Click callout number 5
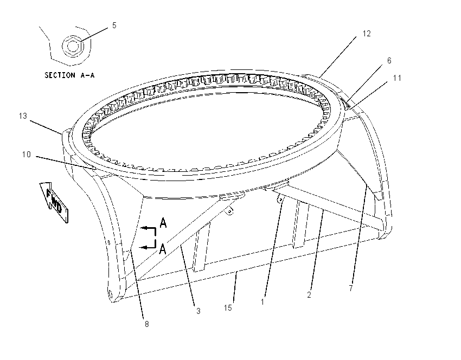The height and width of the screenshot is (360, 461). pyautogui.click(x=114, y=25)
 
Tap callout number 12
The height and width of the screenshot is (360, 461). pyautogui.click(x=367, y=34)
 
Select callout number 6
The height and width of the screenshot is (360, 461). pyautogui.click(x=389, y=61)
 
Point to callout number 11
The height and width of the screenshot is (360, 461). pyautogui.click(x=397, y=78)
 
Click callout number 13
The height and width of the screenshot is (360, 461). pyautogui.click(x=23, y=116)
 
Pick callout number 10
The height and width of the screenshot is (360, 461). pyautogui.click(x=27, y=155)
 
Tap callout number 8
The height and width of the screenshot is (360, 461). pyautogui.click(x=147, y=324)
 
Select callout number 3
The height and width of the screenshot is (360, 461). pyautogui.click(x=198, y=311)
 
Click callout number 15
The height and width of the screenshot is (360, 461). pyautogui.click(x=228, y=308)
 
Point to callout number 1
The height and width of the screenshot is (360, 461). pyautogui.click(x=262, y=302)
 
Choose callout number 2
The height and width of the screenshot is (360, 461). pyautogui.click(x=309, y=295)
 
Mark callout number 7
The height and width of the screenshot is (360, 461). pyautogui.click(x=351, y=288)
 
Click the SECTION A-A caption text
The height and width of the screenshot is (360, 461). pyautogui.click(x=69, y=75)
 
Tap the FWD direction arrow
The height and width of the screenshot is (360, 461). pyautogui.click(x=54, y=202)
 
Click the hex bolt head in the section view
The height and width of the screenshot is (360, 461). pyautogui.click(x=73, y=46)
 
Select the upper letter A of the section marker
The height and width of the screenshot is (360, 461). pyautogui.click(x=163, y=223)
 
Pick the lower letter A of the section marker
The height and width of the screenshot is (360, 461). pyautogui.click(x=163, y=249)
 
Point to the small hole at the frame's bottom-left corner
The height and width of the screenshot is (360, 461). pyautogui.click(x=111, y=293)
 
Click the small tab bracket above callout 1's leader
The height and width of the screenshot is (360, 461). pyautogui.click(x=280, y=200)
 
